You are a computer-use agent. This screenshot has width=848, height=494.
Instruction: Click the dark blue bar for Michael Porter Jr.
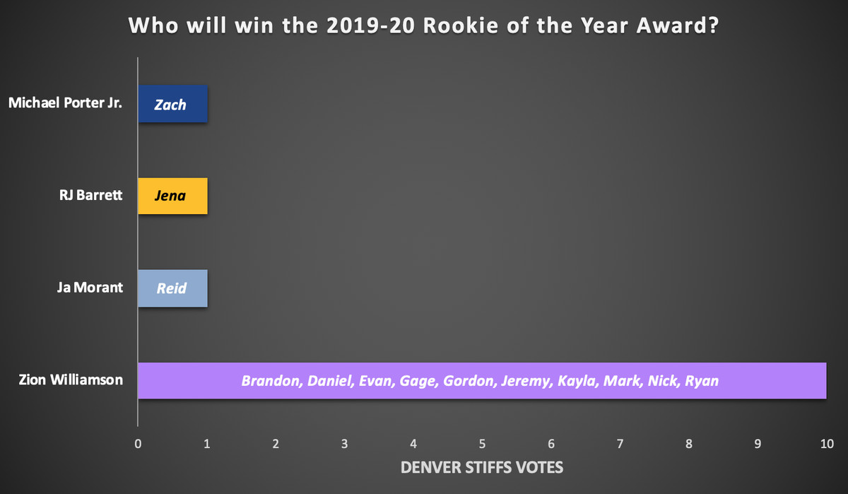[172, 104]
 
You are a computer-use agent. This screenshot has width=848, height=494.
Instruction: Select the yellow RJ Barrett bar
[172, 196]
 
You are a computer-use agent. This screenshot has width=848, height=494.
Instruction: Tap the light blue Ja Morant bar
[172, 288]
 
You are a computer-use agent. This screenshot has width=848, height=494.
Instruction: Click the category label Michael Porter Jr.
[65, 103]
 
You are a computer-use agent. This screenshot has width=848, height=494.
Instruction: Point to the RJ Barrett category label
[91, 195]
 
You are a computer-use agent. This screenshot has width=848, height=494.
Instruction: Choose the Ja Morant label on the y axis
[90, 288]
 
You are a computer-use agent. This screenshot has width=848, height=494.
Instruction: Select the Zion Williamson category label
[71, 380]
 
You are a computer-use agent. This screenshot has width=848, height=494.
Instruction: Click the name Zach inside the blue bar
[170, 105]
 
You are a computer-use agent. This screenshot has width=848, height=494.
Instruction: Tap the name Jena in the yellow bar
[170, 196]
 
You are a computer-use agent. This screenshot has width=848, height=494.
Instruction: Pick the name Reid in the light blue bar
[172, 288]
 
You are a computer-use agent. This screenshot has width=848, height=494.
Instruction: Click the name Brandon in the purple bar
[272, 381]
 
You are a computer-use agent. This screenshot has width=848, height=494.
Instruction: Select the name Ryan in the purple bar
[702, 381]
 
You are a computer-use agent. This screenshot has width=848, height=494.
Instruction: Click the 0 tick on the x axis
[138, 444]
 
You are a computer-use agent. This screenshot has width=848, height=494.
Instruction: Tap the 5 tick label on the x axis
[482, 444]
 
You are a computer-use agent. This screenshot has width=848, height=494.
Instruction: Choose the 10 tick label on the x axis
[827, 444]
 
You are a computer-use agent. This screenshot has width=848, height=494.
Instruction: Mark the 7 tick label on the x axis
[620, 444]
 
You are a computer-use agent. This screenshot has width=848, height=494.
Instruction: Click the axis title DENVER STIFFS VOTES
[482, 468]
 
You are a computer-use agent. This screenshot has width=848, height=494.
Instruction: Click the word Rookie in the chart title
[461, 25]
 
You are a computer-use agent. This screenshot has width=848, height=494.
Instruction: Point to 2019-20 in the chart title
[370, 25]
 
